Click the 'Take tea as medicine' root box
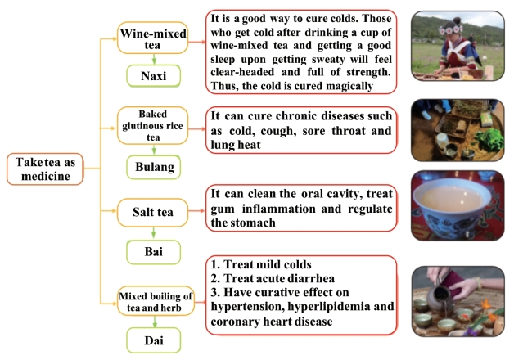[45, 169]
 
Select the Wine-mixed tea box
[153, 38]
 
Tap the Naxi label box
[153, 76]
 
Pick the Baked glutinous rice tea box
[153, 126]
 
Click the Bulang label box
[153, 167]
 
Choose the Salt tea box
[153, 213]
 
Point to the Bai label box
[153, 252]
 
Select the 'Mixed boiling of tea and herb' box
[156, 301]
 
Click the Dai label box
[153, 340]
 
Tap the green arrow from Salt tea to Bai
[153, 233]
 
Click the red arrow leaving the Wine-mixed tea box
[196, 42]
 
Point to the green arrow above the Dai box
[155, 322]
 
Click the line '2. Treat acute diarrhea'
[273, 278]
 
